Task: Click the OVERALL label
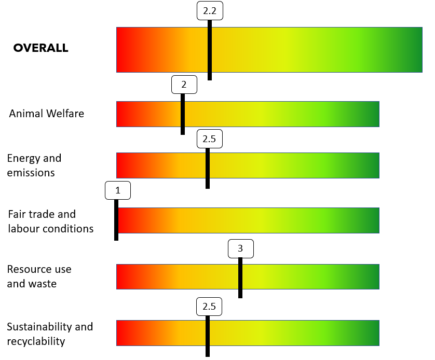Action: click(x=40, y=48)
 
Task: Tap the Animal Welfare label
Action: click(x=46, y=113)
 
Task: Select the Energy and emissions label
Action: click(x=34, y=165)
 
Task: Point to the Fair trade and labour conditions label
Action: click(x=50, y=221)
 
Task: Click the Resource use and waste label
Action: click(x=39, y=276)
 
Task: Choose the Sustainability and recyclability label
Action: click(x=50, y=334)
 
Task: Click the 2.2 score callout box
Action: click(x=210, y=11)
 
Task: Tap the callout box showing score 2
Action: click(x=184, y=85)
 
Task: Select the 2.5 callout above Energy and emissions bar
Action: click(x=209, y=139)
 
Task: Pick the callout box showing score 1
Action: click(x=117, y=190)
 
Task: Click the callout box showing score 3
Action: click(x=240, y=249)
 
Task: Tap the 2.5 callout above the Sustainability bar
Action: click(x=209, y=306)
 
